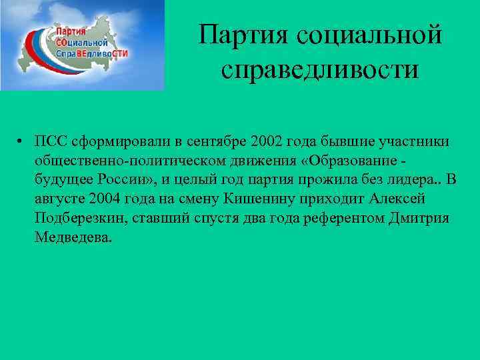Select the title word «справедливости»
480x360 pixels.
point(321,69)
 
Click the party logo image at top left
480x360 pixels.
point(82,45)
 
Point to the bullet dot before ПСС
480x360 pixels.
point(22,142)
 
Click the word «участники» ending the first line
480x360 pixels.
point(411,142)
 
